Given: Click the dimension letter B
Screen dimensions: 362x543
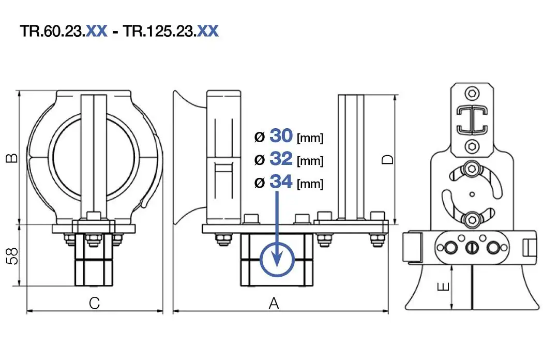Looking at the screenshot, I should click(x=12, y=158).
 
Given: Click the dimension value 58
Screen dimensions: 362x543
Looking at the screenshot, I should click(x=12, y=255).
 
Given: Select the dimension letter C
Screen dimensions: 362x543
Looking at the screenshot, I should click(x=94, y=303).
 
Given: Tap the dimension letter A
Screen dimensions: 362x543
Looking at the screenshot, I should click(x=274, y=303).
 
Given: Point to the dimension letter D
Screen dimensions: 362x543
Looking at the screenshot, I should click(x=387, y=159).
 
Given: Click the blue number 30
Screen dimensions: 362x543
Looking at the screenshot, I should click(x=281, y=136).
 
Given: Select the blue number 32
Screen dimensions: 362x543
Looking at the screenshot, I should click(x=281, y=159).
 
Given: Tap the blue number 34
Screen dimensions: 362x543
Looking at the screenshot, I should click(x=281, y=182).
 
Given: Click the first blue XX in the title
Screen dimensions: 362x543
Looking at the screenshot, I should click(x=96, y=31).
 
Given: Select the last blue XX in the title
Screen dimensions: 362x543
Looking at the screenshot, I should click(x=208, y=31).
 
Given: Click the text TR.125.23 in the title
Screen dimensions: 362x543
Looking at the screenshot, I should click(x=159, y=31).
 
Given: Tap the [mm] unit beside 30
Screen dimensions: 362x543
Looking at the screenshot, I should click(x=310, y=138).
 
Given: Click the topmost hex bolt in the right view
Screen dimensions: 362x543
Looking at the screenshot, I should click(x=472, y=93).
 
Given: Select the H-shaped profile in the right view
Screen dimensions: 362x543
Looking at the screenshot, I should click(x=472, y=119).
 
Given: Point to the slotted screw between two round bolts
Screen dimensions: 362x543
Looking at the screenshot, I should click(x=472, y=248).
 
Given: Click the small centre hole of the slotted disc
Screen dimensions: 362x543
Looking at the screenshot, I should click(x=472, y=194).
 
